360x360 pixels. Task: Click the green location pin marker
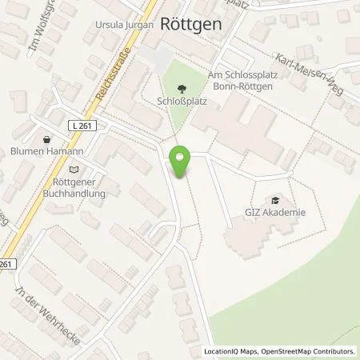click(182, 162)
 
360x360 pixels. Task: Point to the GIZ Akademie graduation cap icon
click(276, 201)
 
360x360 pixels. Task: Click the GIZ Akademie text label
click(277, 213)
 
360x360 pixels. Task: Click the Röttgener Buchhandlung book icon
click(74, 169)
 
